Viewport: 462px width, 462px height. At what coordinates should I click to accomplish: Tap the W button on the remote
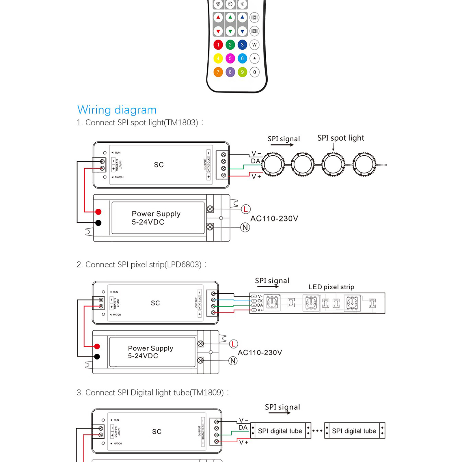[254, 45]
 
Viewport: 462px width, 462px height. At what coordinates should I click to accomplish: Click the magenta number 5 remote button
[230, 58]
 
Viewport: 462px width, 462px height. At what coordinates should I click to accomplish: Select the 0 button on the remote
[254, 72]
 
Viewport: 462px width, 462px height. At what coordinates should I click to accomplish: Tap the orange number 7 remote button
[218, 72]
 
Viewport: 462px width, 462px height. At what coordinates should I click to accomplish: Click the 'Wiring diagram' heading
[117, 110]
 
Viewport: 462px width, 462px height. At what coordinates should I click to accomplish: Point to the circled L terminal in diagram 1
[246, 209]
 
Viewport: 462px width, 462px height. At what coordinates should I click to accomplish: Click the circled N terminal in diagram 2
[233, 361]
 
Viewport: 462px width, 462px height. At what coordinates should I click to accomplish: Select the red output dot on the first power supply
[98, 212]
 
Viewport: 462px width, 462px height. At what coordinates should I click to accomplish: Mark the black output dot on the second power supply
[97, 357]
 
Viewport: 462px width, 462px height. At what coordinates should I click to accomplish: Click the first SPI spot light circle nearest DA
[273, 164]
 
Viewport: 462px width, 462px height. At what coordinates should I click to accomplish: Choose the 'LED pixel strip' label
[331, 287]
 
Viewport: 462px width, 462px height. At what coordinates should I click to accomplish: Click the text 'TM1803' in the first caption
[181, 123]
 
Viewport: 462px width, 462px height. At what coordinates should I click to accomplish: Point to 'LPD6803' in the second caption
[183, 264]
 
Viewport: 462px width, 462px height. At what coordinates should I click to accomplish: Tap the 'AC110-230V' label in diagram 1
[274, 219]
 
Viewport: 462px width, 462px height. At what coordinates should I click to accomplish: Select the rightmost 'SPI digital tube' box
[354, 431]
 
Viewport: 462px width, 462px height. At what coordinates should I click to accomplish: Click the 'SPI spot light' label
[341, 138]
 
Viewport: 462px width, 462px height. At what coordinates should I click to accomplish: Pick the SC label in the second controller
[155, 303]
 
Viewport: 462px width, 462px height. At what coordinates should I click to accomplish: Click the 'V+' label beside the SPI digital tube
[244, 442]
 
